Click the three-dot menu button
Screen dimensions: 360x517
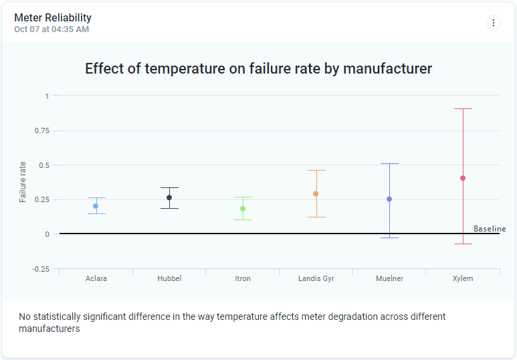coord(493,23)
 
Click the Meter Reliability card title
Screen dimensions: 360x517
coord(53,17)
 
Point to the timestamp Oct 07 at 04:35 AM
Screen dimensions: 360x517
coord(51,29)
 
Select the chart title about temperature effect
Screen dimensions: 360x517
coord(258,68)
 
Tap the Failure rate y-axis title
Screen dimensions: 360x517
coord(23,182)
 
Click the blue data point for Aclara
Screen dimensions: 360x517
coord(96,206)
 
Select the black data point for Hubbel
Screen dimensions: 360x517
coord(169,197)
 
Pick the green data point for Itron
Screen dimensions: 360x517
coord(243,209)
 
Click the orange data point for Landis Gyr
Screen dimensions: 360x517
coord(316,194)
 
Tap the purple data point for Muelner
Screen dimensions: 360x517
coord(389,199)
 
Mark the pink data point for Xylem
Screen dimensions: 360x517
coord(463,178)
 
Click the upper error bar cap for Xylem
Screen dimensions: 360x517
coord(463,109)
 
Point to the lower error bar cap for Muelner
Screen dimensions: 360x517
coord(389,238)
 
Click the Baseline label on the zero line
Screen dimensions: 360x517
coord(490,229)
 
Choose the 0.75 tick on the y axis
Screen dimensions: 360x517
coord(41,130)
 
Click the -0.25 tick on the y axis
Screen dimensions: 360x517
coord(41,269)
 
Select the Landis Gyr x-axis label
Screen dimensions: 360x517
coord(316,278)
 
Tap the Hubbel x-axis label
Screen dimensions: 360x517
coord(169,278)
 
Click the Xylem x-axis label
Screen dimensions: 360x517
coord(463,278)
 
